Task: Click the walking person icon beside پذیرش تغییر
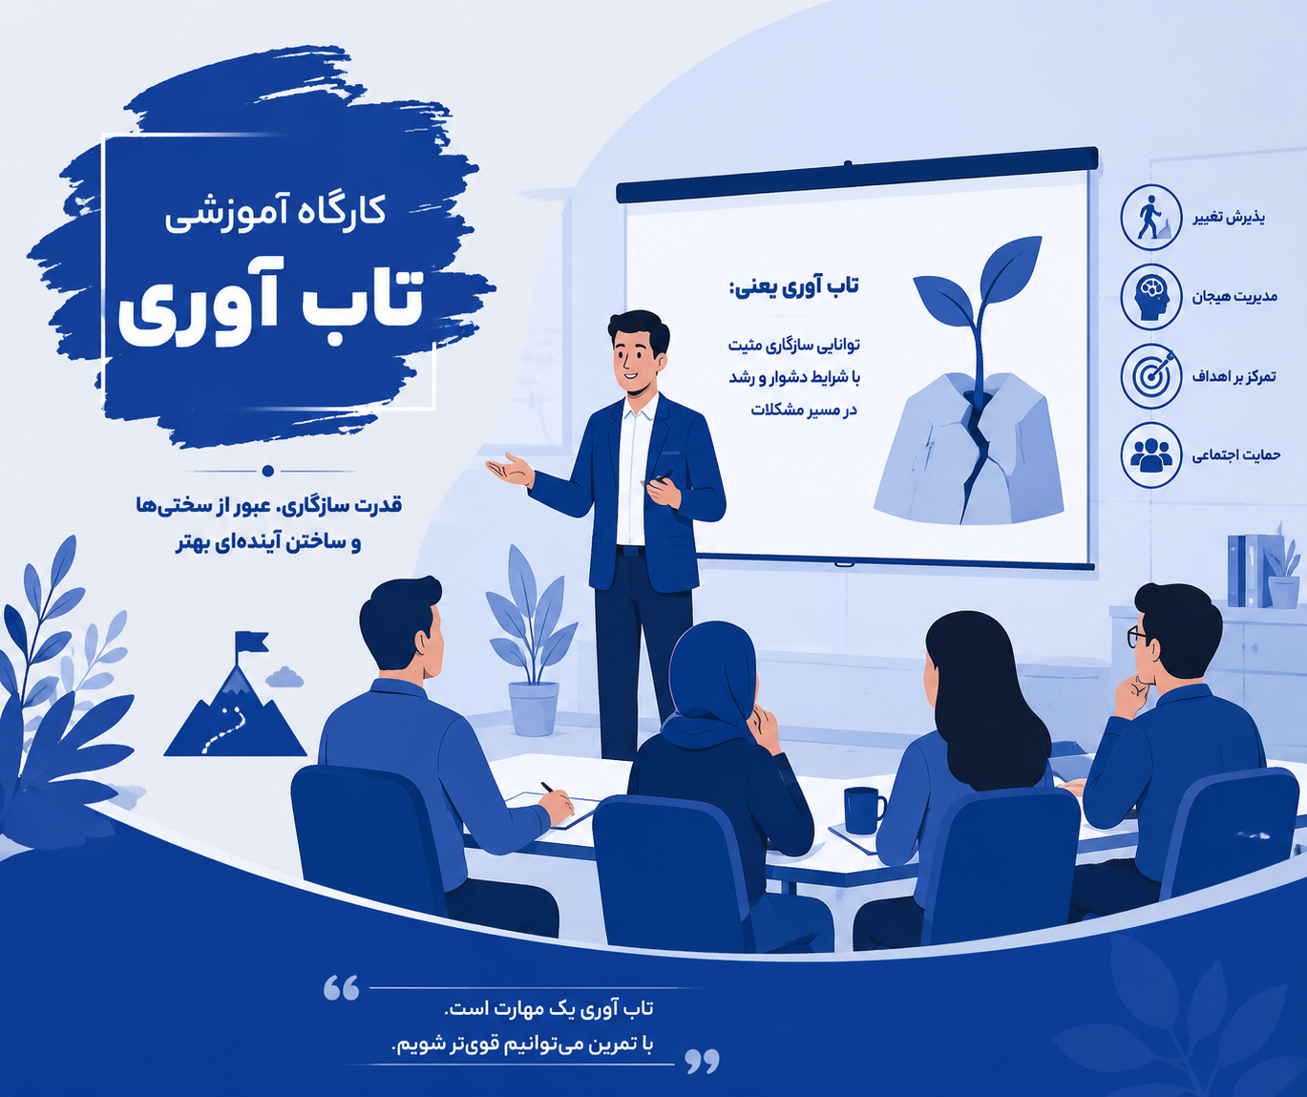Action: pyautogui.click(x=1150, y=217)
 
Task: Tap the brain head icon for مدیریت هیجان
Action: pyautogui.click(x=1150, y=297)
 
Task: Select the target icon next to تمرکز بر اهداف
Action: pyautogui.click(x=1150, y=376)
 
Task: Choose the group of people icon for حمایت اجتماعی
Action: pyautogui.click(x=1150, y=455)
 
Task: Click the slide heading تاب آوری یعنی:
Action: pyautogui.click(x=793, y=287)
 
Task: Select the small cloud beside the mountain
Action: pyautogui.click(x=285, y=677)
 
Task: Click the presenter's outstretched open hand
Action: pyautogui.click(x=510, y=469)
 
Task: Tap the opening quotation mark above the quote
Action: pyautogui.click(x=342, y=987)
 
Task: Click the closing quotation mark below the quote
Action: pyautogui.click(x=702, y=1061)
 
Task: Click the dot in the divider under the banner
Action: pyautogui.click(x=268, y=471)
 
